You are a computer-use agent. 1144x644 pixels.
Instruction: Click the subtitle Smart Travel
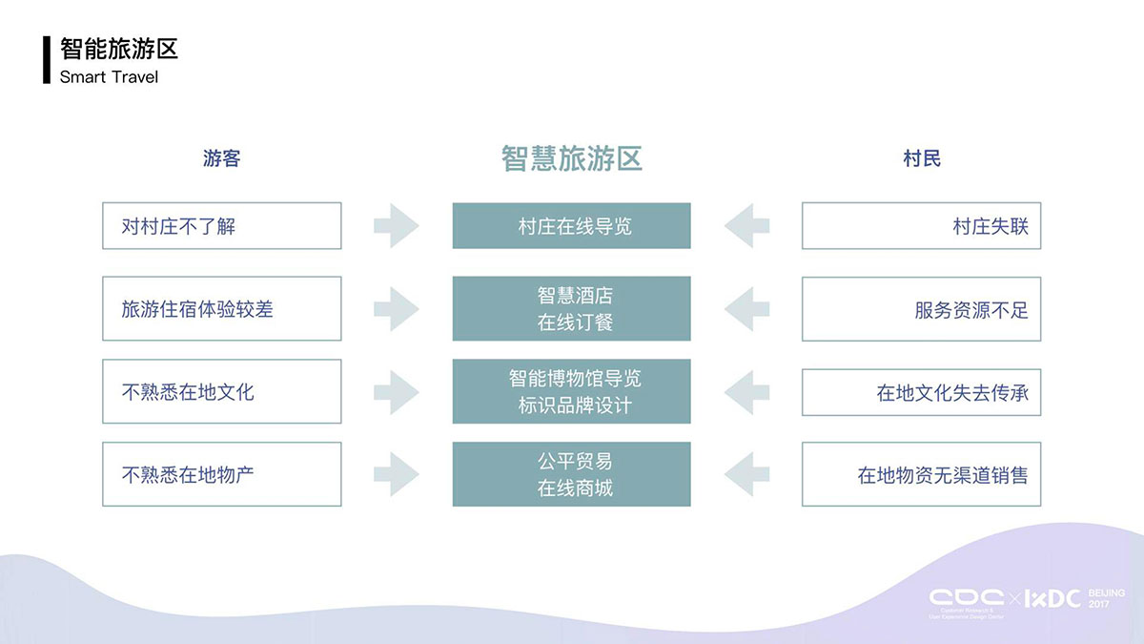[x=109, y=76]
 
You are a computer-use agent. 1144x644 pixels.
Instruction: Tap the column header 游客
[x=221, y=158]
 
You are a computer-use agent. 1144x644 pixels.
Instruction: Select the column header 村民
[x=922, y=158]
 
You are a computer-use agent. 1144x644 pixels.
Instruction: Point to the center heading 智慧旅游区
[x=572, y=158]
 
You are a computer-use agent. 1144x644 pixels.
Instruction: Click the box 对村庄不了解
[x=221, y=226]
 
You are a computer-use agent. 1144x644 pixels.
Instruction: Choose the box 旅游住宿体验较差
[x=221, y=309]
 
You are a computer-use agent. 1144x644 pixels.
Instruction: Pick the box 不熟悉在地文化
[x=221, y=391]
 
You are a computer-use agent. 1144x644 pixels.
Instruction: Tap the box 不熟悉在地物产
[x=221, y=474]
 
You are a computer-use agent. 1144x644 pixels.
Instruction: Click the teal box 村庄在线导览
[x=572, y=226]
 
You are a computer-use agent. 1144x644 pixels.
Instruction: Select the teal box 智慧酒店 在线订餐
[x=572, y=309]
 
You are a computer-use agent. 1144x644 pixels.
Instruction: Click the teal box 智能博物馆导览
[x=572, y=391]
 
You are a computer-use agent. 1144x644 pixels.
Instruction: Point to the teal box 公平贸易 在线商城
[x=572, y=474]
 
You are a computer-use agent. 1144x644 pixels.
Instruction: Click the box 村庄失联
[x=921, y=226]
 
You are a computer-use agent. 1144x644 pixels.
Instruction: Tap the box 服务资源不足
[x=921, y=309]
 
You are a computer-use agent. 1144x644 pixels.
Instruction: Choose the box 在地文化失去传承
[x=921, y=391]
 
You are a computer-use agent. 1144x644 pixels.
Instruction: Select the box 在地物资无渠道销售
[x=921, y=474]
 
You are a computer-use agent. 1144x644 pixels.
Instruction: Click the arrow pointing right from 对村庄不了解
[x=396, y=226]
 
